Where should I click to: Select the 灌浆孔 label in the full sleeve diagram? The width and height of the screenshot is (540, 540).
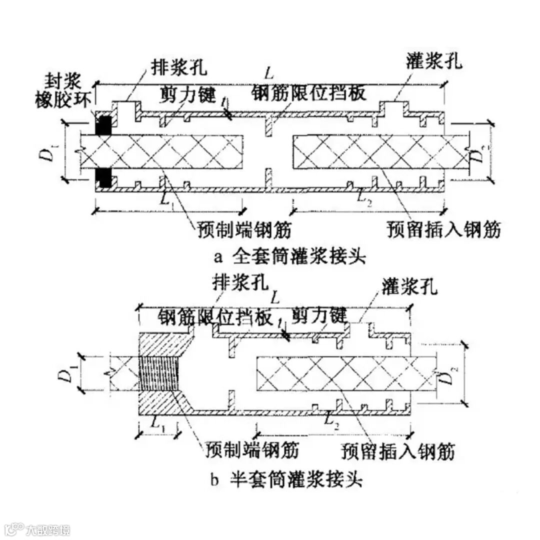pos(434,62)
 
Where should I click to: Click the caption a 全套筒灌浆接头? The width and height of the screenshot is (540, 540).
pos(289,257)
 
